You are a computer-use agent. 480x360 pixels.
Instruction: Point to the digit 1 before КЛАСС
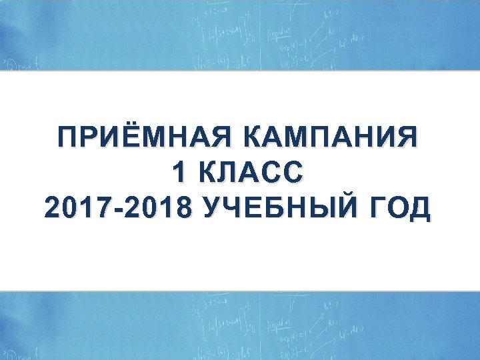point(177,175)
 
